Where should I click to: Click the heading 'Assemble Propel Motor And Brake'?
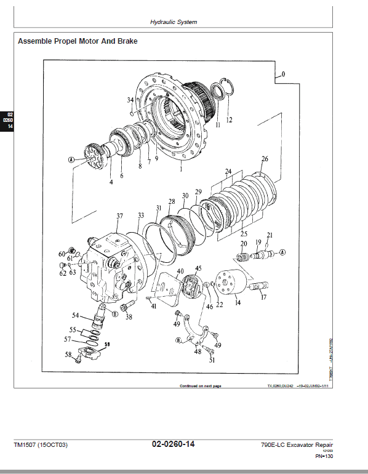coord(78,42)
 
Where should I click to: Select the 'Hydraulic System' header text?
coord(174,22)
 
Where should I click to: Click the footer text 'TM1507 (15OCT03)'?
coord(41,444)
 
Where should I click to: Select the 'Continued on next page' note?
coord(200,386)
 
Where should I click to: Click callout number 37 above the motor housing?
coord(119,215)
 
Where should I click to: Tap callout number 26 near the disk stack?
coord(265,159)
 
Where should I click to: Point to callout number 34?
coord(130,100)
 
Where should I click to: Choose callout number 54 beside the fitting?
coord(75,315)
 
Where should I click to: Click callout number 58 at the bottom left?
coord(68,354)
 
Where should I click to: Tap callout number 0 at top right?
coord(283,74)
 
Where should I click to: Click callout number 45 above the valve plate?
coord(198,268)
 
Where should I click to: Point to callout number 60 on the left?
coord(62,254)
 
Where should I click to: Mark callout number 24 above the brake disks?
coord(228,171)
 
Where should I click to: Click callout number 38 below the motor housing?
coord(129,318)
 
